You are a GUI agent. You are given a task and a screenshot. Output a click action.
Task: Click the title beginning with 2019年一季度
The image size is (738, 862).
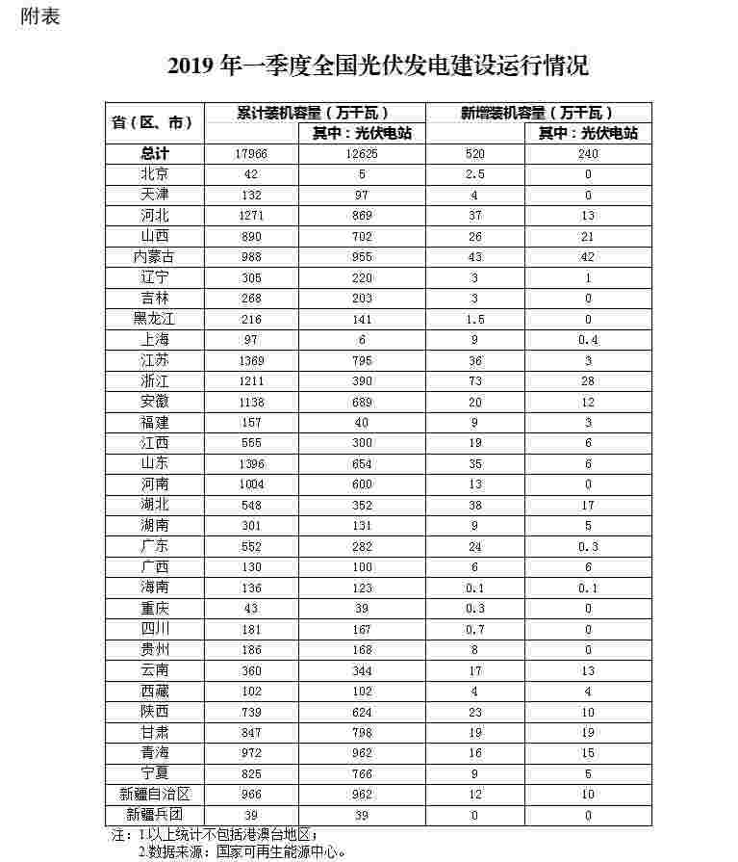(377, 65)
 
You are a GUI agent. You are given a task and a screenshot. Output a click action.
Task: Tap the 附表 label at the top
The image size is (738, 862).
(39, 16)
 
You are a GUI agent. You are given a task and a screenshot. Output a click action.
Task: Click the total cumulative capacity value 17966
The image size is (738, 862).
(250, 154)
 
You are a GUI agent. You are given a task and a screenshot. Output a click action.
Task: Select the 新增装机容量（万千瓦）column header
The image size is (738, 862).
(537, 113)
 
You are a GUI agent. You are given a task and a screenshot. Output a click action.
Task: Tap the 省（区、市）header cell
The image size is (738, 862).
(154, 122)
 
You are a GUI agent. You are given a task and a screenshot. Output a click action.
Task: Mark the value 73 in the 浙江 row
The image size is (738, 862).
(474, 381)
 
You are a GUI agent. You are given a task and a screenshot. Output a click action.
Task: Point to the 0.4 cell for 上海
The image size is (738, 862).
(588, 340)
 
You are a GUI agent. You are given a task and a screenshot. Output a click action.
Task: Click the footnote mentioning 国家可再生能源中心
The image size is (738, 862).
(241, 851)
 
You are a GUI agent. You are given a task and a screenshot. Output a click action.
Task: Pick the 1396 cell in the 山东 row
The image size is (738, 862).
(250, 464)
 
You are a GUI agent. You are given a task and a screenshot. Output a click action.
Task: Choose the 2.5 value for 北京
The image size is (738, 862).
(474, 174)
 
